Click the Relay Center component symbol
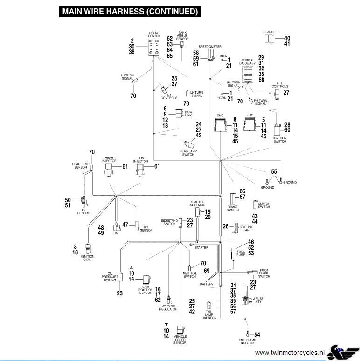pos(154,47)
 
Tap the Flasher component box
pos(269,39)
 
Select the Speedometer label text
pos(210,47)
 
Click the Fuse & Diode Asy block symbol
pos(248,75)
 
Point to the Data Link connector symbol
pos(179,113)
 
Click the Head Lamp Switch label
pos(188,153)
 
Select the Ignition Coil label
pos(87,258)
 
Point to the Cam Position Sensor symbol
pos(147,279)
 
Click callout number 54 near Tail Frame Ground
pos(257,335)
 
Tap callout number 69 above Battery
pos(207,271)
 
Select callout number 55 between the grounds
pos(274,171)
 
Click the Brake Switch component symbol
pos(233,199)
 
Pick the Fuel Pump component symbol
pos(234,254)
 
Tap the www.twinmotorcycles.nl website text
pos(290,353)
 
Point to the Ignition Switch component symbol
pos(277,130)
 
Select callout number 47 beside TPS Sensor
pos(125,225)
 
